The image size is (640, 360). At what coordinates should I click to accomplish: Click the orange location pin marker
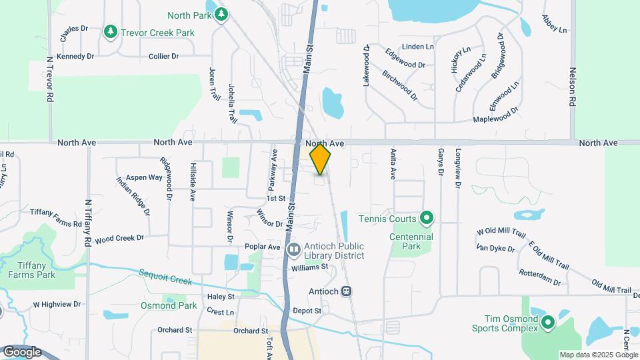point(321,159)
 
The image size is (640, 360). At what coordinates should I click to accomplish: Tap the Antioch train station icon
point(347,291)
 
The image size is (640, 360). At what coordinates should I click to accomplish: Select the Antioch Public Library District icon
point(294,249)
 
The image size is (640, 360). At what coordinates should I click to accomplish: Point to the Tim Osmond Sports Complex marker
point(548,323)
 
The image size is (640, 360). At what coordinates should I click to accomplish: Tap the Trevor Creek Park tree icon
point(110,31)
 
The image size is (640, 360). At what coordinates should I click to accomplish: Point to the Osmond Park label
point(169,305)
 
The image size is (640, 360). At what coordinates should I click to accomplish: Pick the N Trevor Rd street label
point(49,79)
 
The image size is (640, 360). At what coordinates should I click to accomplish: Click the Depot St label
point(307,311)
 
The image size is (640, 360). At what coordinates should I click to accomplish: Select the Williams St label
point(310,267)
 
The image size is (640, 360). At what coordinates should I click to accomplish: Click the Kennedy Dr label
point(75,56)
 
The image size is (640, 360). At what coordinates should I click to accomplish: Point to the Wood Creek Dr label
point(119,239)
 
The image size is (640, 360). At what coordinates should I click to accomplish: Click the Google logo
point(22,351)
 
